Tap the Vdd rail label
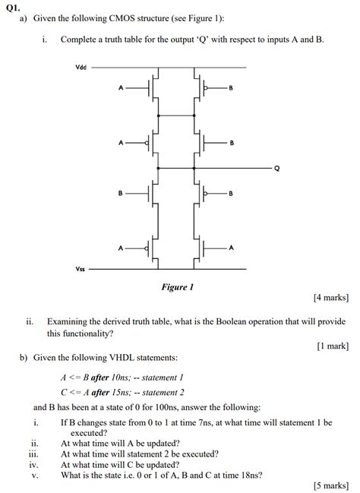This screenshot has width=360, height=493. [81, 67]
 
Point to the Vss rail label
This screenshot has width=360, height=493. [81, 268]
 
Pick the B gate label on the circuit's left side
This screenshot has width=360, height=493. [120, 193]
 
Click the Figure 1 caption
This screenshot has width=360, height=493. [177, 287]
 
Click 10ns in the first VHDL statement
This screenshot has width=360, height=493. [119, 377]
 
